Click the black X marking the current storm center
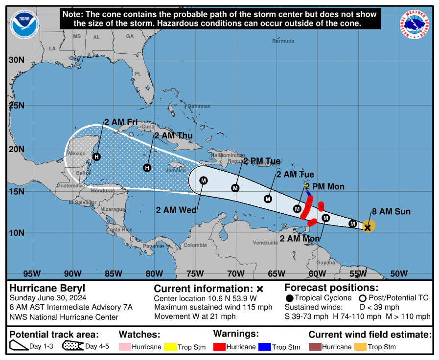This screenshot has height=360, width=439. click(x=368, y=227)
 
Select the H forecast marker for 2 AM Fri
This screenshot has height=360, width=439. click(x=96, y=157)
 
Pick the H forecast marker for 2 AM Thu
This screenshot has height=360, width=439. click(x=147, y=168)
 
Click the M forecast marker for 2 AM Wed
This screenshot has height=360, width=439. click(x=204, y=180)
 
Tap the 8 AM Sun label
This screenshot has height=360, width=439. click(x=391, y=212)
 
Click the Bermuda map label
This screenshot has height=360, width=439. click(x=283, y=41)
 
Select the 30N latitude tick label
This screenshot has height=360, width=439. click(x=17, y=60)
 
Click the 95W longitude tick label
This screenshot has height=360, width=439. click(x=32, y=273)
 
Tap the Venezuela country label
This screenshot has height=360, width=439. click(x=265, y=243)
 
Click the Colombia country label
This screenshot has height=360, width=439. click(x=195, y=245)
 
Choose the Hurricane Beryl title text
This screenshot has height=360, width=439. click(x=47, y=288)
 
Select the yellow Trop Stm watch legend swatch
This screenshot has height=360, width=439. click(x=169, y=347)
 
